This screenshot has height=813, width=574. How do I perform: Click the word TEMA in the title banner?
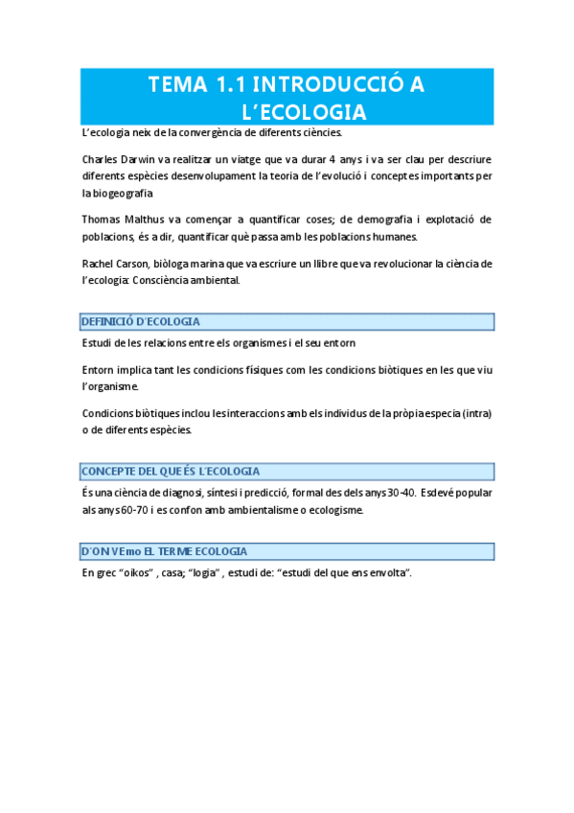pyautogui.click(x=173, y=85)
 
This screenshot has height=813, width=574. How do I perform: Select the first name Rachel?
pyautogui.click(x=98, y=264)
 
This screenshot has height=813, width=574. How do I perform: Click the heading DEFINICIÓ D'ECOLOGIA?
pyautogui.click(x=141, y=322)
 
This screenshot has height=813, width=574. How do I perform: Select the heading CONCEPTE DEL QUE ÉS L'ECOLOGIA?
pyautogui.click(x=171, y=472)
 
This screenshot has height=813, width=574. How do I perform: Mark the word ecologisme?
pyautogui.click(x=334, y=510)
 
